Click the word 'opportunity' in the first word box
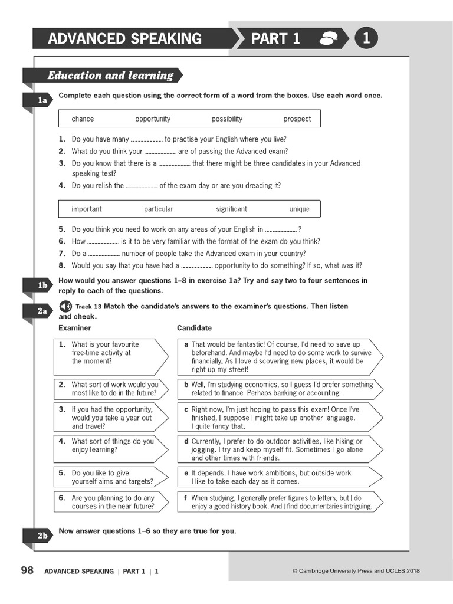[153, 119]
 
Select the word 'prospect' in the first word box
[297, 119]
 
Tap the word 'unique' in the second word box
[299, 209]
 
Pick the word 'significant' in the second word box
[231, 209]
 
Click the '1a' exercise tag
[41, 101]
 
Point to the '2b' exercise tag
[41, 536]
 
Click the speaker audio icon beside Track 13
[65, 306]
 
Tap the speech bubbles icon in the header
[327, 40]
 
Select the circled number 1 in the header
[366, 39]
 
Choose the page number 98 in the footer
[27, 570]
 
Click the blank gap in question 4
[142, 186]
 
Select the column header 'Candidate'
[194, 328]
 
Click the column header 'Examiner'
[75, 328]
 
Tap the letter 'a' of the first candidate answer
[186, 344]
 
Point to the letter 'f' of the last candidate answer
[186, 498]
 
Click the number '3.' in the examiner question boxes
[62, 409]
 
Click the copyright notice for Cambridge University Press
[356, 571]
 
